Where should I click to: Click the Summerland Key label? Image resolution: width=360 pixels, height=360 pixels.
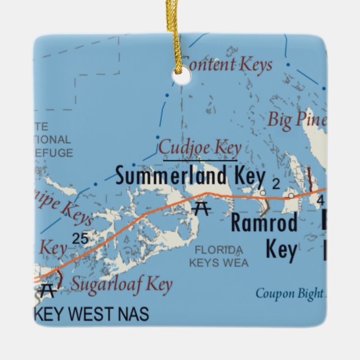click(190, 177)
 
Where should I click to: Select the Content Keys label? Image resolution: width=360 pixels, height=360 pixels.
click(228, 65)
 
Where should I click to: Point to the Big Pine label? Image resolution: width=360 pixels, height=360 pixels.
click(296, 119)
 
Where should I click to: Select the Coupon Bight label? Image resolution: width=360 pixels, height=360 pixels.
click(289, 293)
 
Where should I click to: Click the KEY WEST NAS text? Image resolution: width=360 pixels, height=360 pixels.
click(92, 314)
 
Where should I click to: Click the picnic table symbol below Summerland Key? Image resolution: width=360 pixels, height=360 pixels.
click(201, 209)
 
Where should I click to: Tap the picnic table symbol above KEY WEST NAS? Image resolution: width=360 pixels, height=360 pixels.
click(48, 290)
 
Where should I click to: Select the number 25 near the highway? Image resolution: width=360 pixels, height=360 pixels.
click(80, 239)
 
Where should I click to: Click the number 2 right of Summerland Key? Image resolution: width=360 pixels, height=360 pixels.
click(275, 183)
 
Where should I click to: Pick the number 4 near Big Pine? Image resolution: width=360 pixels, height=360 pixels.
click(320, 200)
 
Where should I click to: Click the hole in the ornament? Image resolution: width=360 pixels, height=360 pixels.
click(181, 78)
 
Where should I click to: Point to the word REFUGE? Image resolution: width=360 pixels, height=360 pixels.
click(53, 153)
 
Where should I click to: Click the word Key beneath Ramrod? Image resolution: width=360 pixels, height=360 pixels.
click(281, 249)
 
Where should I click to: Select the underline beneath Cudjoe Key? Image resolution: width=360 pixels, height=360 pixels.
click(200, 160)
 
